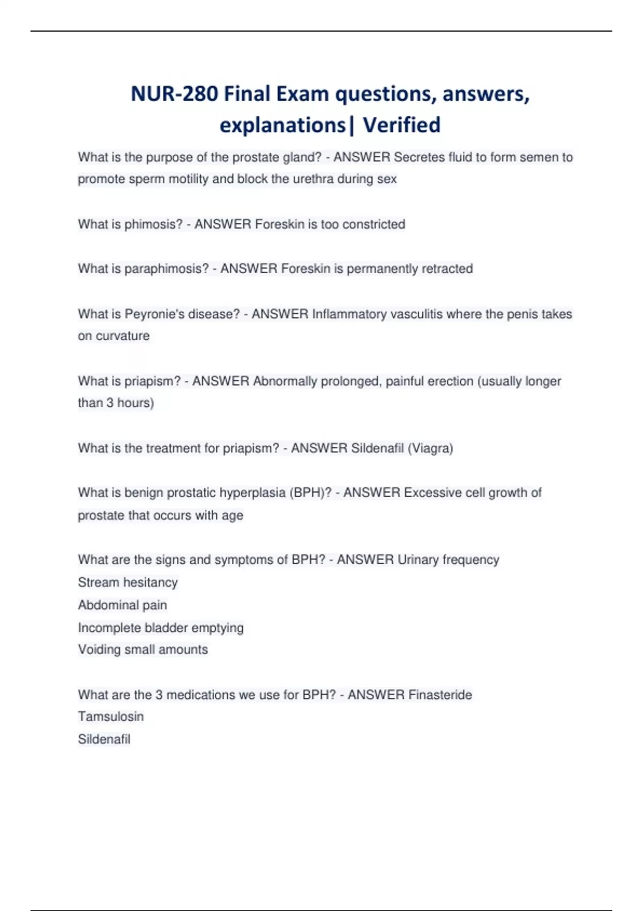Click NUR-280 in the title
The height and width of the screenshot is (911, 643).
[174, 94]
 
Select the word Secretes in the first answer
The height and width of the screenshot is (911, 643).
[420, 158]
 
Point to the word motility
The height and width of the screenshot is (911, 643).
[188, 179]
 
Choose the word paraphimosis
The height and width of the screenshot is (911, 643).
[166, 269]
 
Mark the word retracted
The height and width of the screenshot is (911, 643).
[447, 269]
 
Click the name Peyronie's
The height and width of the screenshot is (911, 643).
[155, 314]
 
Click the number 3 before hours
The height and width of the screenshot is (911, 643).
[110, 403]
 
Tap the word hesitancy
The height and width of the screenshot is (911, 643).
[149, 583]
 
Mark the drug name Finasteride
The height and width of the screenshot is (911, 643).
[440, 695]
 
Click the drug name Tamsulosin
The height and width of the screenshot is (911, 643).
[111, 716]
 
